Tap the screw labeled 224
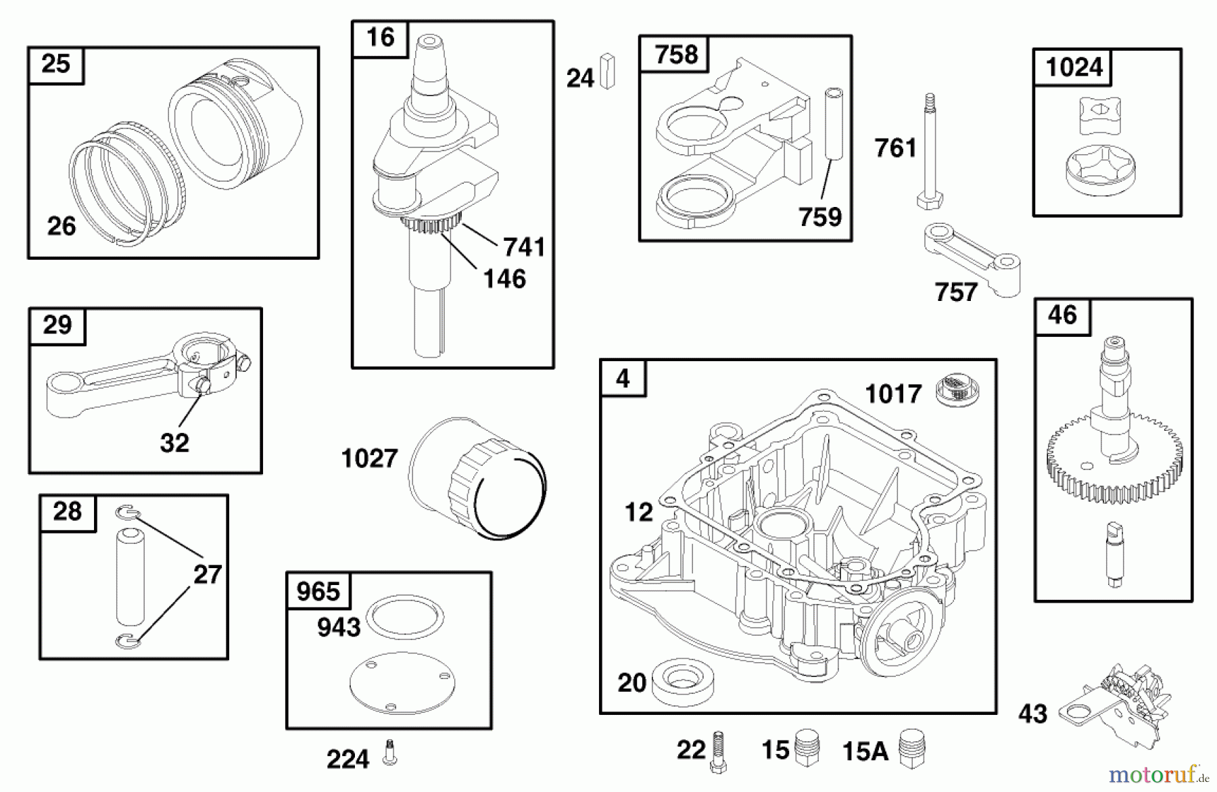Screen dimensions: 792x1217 coord(389,753)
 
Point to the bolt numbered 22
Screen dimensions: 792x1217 coord(718,751)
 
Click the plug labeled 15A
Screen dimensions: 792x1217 coord(912,749)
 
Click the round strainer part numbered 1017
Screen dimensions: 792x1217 coord(957,392)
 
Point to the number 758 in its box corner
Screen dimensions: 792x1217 coord(676,54)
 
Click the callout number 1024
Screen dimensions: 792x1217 coord(1074,67)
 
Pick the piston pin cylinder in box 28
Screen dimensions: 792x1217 coord(130,578)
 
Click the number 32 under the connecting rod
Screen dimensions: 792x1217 coord(174,443)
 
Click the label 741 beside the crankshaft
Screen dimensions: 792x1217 coord(524,247)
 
